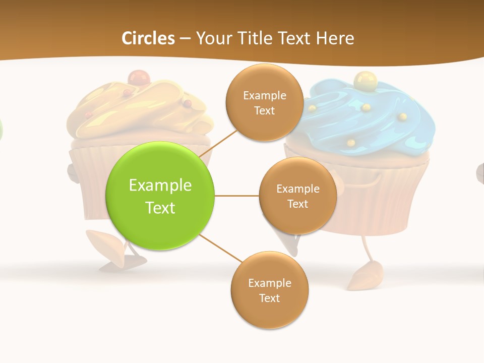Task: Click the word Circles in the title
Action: click(148, 38)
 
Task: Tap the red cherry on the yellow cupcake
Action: click(136, 78)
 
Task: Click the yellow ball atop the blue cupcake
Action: click(362, 79)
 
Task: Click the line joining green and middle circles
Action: click(237, 196)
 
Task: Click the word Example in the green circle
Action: click(160, 186)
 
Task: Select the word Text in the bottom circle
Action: click(269, 298)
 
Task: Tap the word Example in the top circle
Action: click(264, 95)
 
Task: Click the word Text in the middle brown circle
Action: click(297, 204)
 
